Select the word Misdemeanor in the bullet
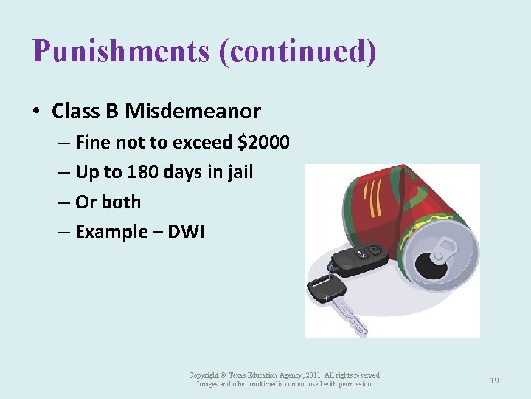coord(192,112)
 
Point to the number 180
coord(142,172)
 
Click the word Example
coord(111,232)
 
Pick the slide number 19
coord(494,381)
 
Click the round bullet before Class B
coord(36,112)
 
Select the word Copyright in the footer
coord(204,376)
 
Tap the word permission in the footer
coord(356,384)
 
